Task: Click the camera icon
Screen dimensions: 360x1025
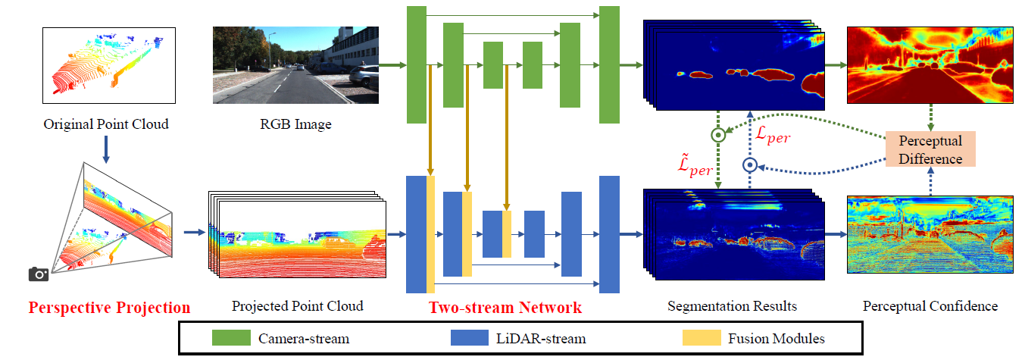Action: [39, 274]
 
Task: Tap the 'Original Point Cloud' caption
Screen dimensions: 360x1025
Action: [106, 124]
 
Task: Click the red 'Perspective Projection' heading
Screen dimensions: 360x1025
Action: [110, 308]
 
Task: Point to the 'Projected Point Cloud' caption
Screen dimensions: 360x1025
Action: [298, 306]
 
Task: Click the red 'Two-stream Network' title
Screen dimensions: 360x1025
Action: [505, 308]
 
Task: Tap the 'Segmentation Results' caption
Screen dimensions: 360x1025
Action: [732, 306]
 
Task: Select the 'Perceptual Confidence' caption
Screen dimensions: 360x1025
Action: [930, 306]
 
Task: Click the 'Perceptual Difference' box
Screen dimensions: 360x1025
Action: [930, 149]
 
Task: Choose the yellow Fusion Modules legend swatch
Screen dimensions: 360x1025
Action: [704, 338]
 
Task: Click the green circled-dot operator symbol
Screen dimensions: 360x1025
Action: [717, 135]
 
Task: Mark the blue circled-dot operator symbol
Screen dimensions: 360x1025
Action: [750, 164]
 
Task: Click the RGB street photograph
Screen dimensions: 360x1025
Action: [295, 65]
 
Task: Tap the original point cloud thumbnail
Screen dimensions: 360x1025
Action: [109, 66]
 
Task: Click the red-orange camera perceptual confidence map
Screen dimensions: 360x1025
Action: [930, 66]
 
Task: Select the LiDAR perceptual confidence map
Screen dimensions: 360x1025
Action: [930, 235]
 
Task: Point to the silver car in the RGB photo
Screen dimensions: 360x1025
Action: [364, 74]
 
